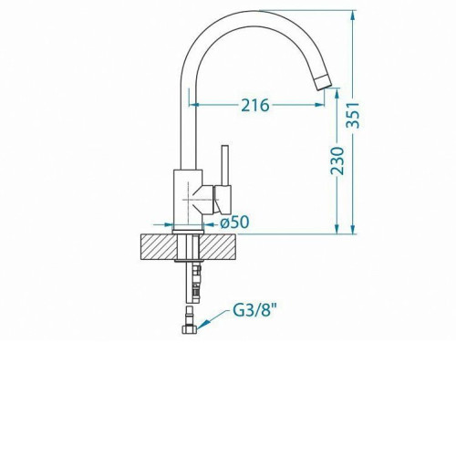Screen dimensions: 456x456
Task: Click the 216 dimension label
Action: point(255,105)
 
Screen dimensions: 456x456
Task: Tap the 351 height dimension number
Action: point(354,116)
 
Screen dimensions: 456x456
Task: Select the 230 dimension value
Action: point(337,161)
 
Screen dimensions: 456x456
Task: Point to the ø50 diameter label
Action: point(234,223)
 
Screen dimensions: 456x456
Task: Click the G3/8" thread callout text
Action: point(255,311)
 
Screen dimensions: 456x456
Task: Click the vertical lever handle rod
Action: point(225,165)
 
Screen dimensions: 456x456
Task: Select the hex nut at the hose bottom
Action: point(189,329)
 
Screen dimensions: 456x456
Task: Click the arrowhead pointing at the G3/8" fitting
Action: point(202,326)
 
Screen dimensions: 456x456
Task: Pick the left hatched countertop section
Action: point(159,247)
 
